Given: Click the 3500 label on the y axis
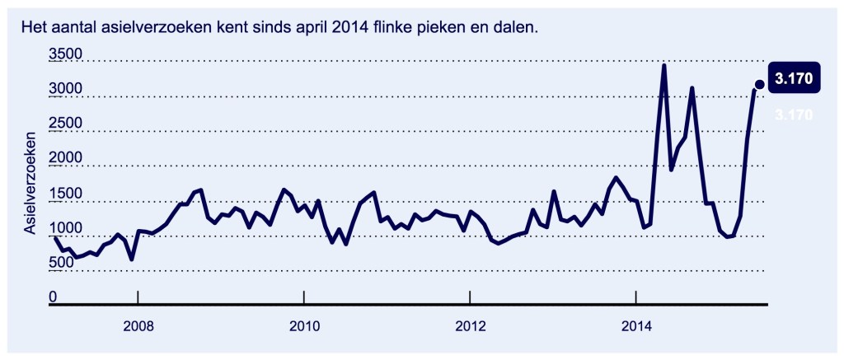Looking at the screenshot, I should (x=66, y=54).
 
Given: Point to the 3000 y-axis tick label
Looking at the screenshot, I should (x=66, y=89).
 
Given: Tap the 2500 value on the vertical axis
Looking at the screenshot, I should (x=66, y=124).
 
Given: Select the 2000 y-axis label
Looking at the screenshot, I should (x=66, y=158).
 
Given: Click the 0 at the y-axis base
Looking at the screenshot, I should (x=54, y=297).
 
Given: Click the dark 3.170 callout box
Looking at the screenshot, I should (x=795, y=79).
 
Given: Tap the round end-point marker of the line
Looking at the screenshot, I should (x=759, y=84).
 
